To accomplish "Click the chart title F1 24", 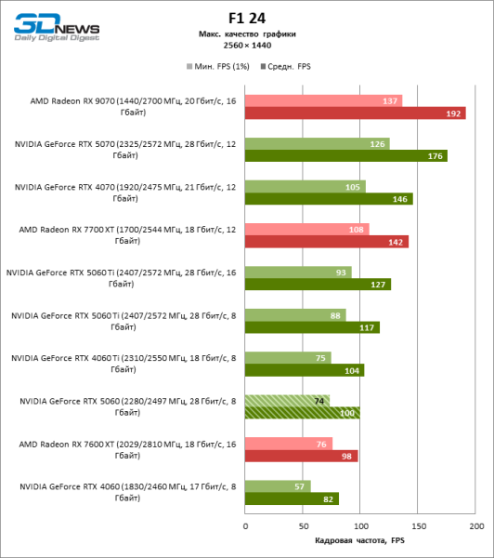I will [x=246, y=17].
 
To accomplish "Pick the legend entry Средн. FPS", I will [x=289, y=66].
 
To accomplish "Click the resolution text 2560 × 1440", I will [x=246, y=46].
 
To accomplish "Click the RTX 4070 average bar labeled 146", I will [x=329, y=199].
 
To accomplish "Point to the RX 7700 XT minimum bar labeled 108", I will [x=306, y=229].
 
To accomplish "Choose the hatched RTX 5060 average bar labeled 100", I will [x=302, y=413].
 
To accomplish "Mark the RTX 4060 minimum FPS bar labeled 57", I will [x=278, y=485].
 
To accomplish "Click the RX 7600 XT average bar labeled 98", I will [x=301, y=456].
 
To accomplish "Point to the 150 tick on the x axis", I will [x=418, y=526].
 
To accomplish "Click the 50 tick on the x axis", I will [x=303, y=526].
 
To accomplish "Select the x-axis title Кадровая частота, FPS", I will [x=360, y=540].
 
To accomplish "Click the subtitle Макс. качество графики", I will [x=246, y=33].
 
